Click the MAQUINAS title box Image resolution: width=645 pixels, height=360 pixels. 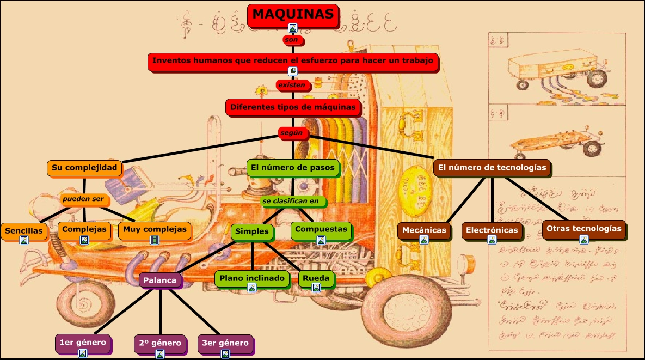click(292, 15)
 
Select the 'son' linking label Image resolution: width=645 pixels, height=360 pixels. click(292, 40)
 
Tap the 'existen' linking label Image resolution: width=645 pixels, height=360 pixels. click(293, 85)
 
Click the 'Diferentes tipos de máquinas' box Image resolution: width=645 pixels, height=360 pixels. click(293, 107)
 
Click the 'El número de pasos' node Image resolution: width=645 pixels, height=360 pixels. click(293, 168)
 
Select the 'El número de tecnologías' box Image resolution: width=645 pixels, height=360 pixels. click(492, 168)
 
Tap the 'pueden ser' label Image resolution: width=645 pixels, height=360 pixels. click(83, 199)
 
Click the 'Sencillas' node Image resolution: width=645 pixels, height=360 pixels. click(23, 230)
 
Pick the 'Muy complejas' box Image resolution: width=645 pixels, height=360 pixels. click(155, 229)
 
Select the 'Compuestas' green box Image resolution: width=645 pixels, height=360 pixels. click(321, 229)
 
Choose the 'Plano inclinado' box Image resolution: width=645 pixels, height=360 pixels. click(251, 278)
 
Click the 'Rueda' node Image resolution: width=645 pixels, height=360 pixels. click(316, 278)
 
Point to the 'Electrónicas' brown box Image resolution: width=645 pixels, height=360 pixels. click(492, 230)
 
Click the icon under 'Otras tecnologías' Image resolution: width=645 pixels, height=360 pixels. click(583, 240)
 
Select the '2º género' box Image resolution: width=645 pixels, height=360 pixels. click(159, 343)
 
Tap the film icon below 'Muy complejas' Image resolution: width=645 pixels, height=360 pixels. click(155, 240)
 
